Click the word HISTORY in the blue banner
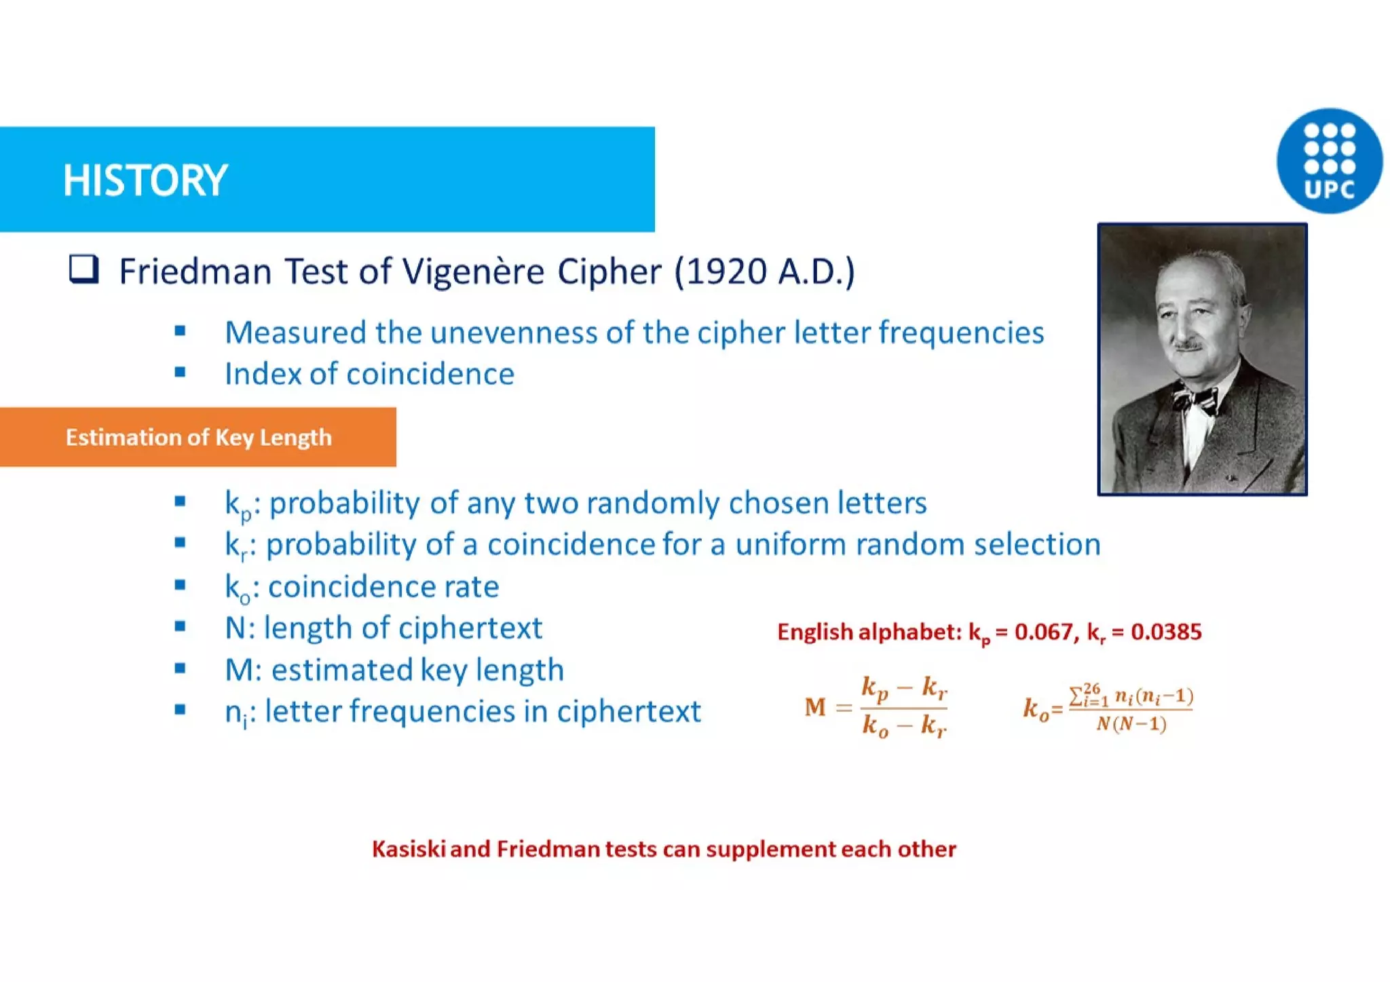(145, 181)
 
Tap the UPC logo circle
(1329, 161)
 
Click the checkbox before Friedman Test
(84, 269)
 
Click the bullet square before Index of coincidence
(180, 373)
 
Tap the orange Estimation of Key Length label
(198, 437)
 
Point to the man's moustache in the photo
(1189, 345)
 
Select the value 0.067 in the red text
(1043, 632)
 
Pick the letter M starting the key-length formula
(815, 707)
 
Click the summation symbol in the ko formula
(1077, 696)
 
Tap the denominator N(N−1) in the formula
(1131, 724)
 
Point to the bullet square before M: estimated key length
(180, 669)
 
